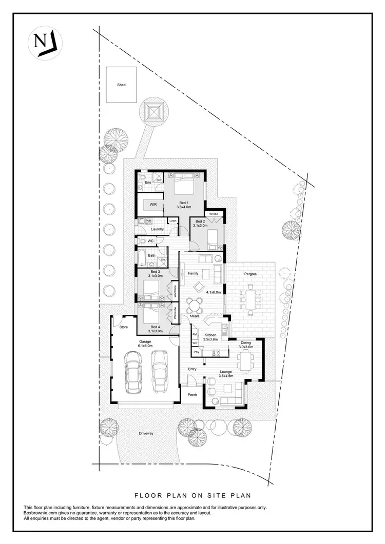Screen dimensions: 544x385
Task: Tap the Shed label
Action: tap(121, 85)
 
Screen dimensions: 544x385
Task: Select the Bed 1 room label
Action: tap(183, 204)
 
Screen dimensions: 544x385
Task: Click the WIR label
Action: tap(153, 204)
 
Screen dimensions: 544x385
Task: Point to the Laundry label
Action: tap(157, 229)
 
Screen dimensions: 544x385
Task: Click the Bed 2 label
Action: tap(200, 223)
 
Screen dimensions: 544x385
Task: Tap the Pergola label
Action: tap(257, 274)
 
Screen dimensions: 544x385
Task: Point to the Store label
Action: tap(123, 327)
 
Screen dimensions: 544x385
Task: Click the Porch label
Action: tap(192, 394)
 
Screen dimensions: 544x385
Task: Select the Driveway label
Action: tap(146, 434)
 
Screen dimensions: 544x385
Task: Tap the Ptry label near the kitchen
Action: tap(196, 353)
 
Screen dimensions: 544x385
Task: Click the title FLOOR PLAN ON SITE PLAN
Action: tap(192, 495)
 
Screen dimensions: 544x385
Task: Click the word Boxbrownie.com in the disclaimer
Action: tap(40, 513)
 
